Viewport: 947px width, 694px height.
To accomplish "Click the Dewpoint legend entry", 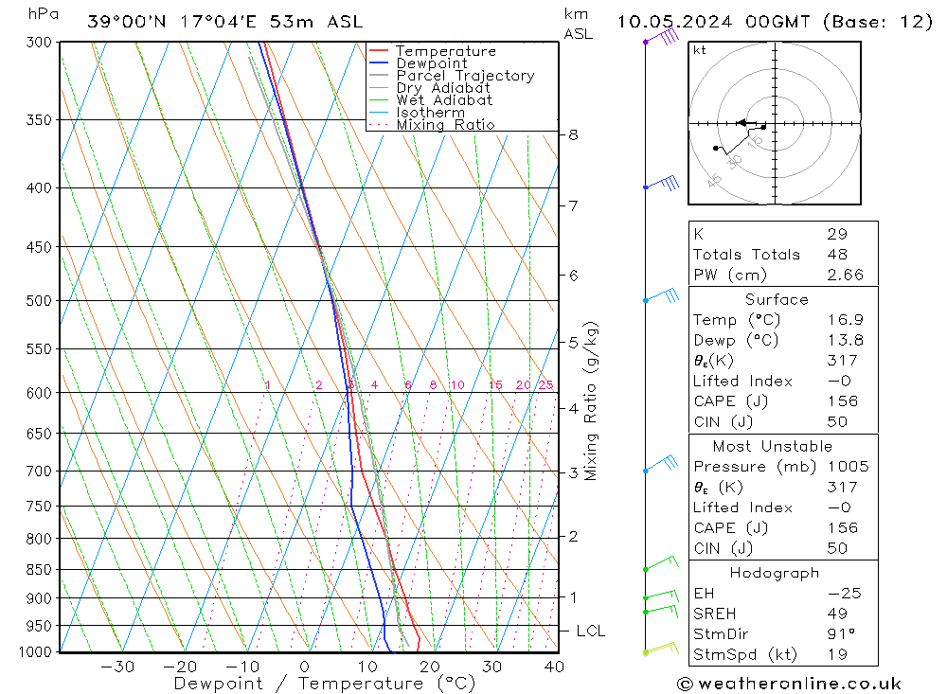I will (x=431, y=63).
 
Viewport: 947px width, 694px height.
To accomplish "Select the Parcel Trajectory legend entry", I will (x=465, y=76).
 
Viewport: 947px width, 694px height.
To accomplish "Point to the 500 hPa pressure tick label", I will (x=40, y=301).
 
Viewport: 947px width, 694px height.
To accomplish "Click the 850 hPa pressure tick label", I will (x=40, y=570).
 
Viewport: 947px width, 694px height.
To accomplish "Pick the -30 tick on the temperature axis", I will (x=117, y=667).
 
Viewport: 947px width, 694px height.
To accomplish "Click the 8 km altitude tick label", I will (x=573, y=135).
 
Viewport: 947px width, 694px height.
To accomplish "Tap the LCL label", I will (x=590, y=632).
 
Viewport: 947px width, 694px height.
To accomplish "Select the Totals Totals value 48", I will (x=837, y=255).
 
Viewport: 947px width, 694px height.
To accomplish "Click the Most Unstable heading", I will (x=773, y=446).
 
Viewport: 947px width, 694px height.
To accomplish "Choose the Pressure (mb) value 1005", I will (x=845, y=467).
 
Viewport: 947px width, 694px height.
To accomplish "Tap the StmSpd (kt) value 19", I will (x=837, y=654).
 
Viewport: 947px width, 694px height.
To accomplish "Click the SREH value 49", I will (x=837, y=614).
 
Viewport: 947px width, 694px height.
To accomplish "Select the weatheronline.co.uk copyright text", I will (x=788, y=684).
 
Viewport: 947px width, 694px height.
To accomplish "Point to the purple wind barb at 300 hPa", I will (x=664, y=37).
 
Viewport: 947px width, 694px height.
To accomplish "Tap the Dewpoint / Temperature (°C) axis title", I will (x=325, y=684).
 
